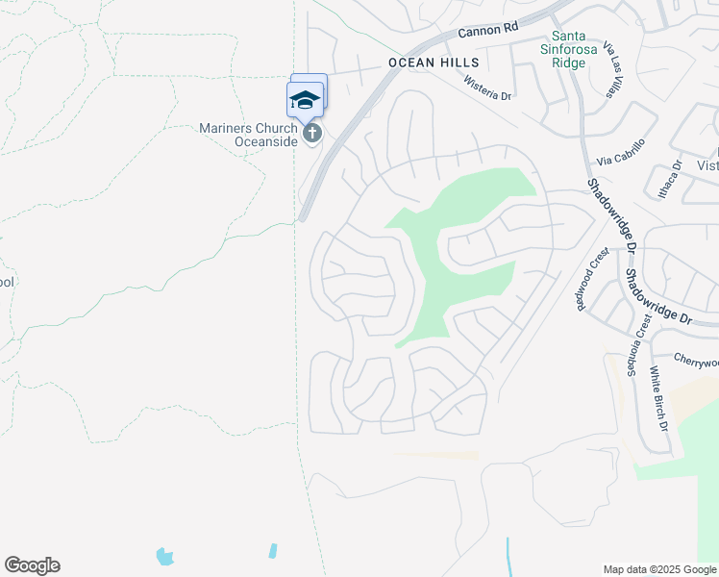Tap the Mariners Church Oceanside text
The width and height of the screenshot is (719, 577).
click(248, 135)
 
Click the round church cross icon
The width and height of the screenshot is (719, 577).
click(311, 134)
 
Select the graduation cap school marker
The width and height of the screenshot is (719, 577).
click(305, 100)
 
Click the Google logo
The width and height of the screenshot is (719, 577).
click(32, 565)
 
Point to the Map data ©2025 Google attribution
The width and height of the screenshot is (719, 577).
click(658, 569)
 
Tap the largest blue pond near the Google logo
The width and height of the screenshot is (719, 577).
click(165, 556)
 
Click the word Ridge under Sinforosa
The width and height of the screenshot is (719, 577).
click(568, 63)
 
